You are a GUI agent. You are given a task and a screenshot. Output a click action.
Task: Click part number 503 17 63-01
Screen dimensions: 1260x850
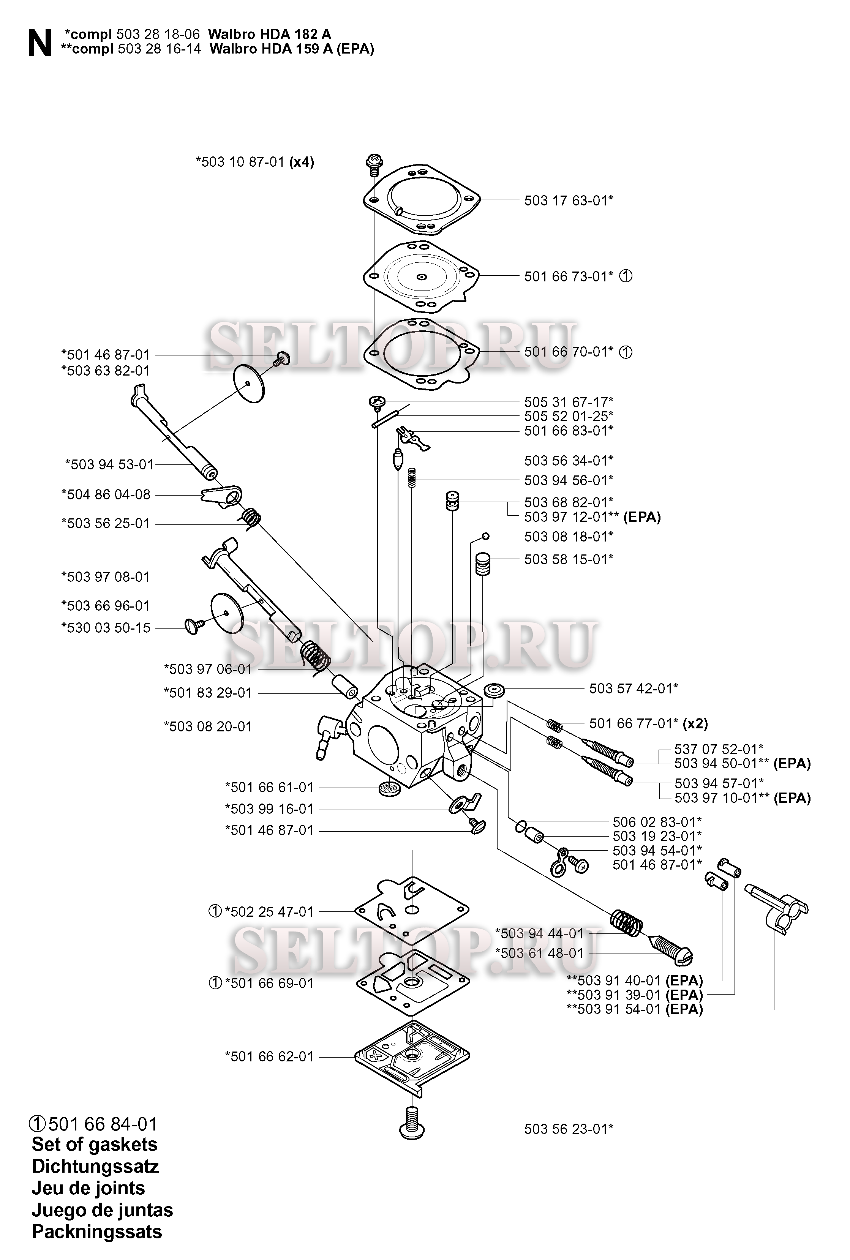pyautogui.click(x=568, y=201)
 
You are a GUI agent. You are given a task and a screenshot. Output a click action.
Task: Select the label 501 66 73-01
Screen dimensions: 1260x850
pyautogui.click(x=568, y=276)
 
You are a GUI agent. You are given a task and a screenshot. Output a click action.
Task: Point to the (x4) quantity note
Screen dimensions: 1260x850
pyautogui.click(x=302, y=162)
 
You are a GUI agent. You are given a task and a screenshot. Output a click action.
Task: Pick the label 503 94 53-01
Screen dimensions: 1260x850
pyautogui.click(x=109, y=464)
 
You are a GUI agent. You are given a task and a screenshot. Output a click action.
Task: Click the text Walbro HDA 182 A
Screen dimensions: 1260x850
pyautogui.click(x=269, y=34)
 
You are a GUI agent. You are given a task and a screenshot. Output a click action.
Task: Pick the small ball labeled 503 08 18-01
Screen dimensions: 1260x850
pyautogui.click(x=486, y=537)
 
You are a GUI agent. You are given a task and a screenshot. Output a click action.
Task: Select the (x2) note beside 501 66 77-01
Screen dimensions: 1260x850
pyautogui.click(x=695, y=723)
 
